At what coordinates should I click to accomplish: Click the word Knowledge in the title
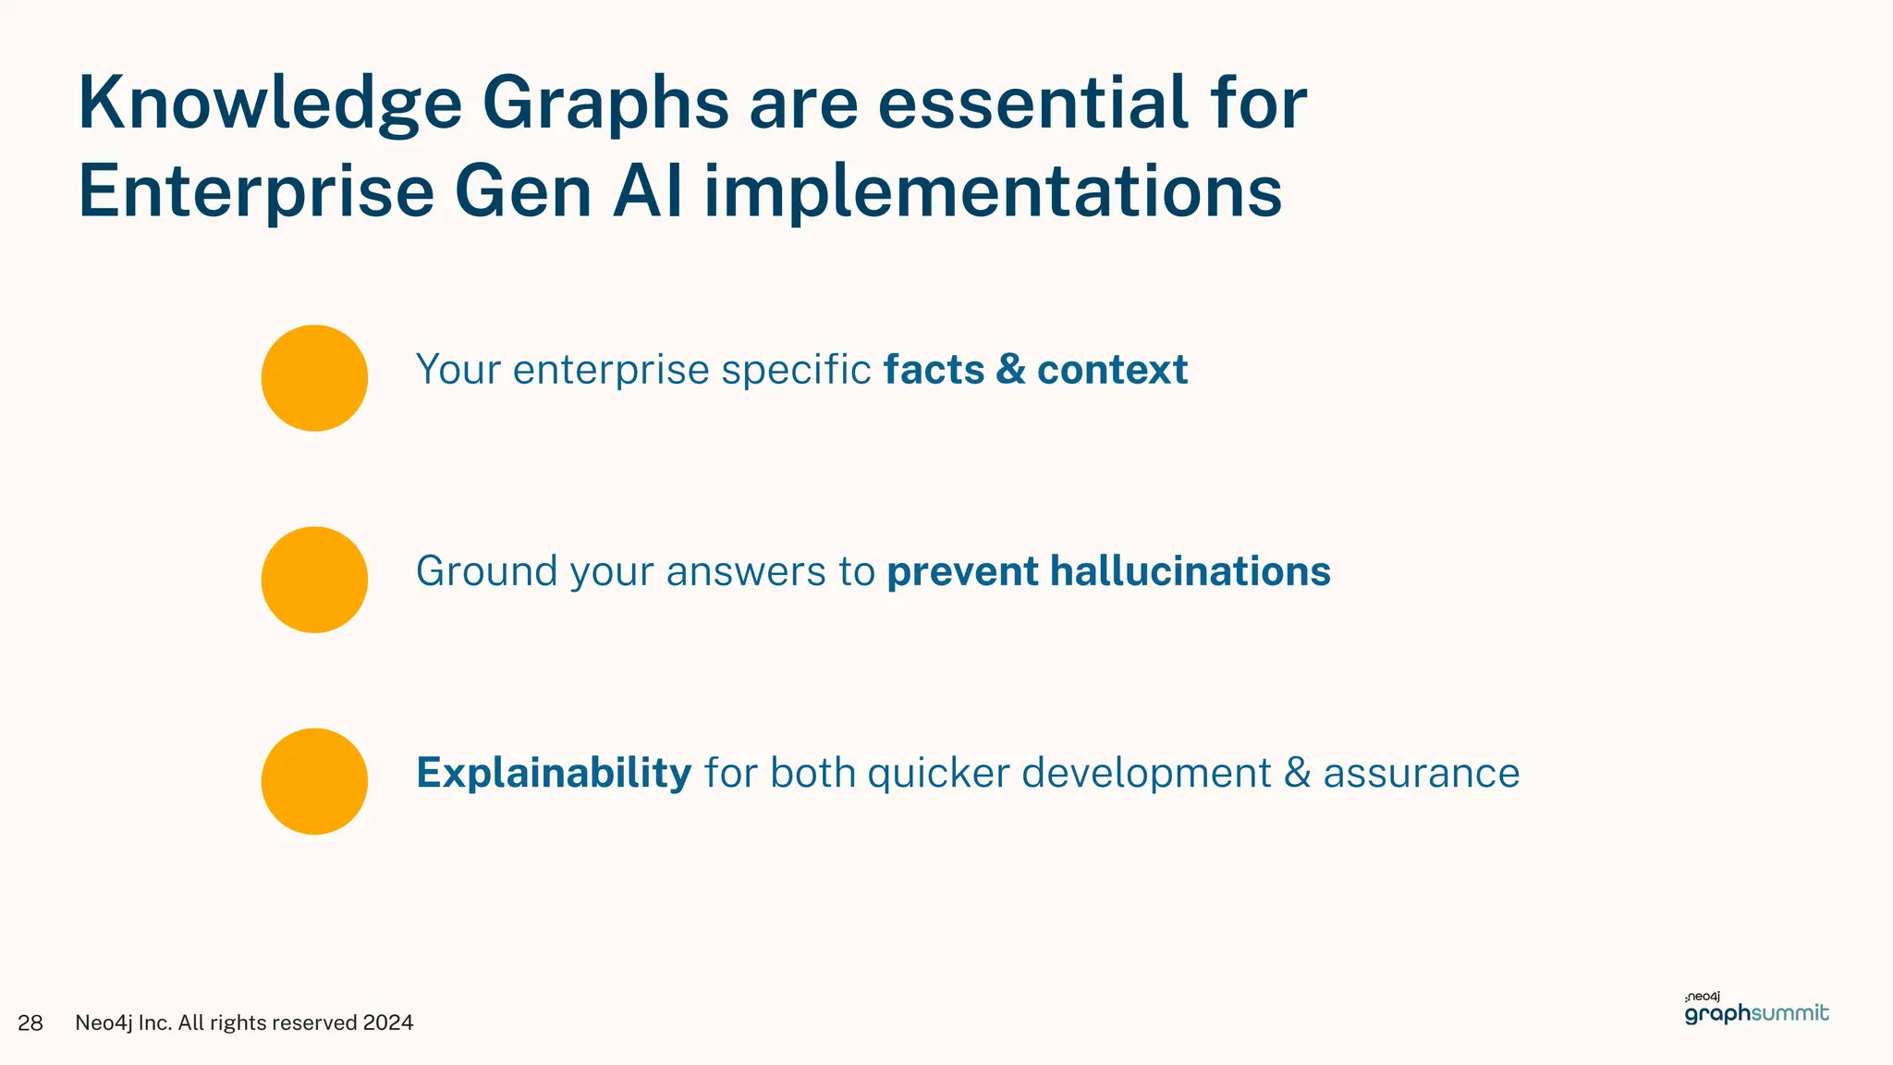click(269, 104)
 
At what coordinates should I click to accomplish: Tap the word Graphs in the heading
click(605, 104)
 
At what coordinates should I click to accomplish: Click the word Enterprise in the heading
click(256, 192)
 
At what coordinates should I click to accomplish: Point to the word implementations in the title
click(993, 192)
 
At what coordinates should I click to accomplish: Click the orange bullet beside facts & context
click(314, 378)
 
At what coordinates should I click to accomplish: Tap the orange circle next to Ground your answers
click(314, 580)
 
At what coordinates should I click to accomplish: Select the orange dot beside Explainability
click(314, 781)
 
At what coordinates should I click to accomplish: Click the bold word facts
click(934, 370)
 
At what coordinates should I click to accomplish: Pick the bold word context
click(1112, 370)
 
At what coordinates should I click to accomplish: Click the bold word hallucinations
click(1191, 571)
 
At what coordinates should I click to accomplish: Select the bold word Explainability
click(554, 773)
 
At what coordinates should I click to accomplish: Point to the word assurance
click(1421, 774)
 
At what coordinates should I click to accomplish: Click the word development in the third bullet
click(1146, 774)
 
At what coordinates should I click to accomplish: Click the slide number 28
click(31, 1022)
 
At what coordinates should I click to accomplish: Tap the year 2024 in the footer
click(388, 1022)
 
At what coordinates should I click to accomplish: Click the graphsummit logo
click(1756, 1010)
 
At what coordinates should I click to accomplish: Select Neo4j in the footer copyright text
click(103, 1022)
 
